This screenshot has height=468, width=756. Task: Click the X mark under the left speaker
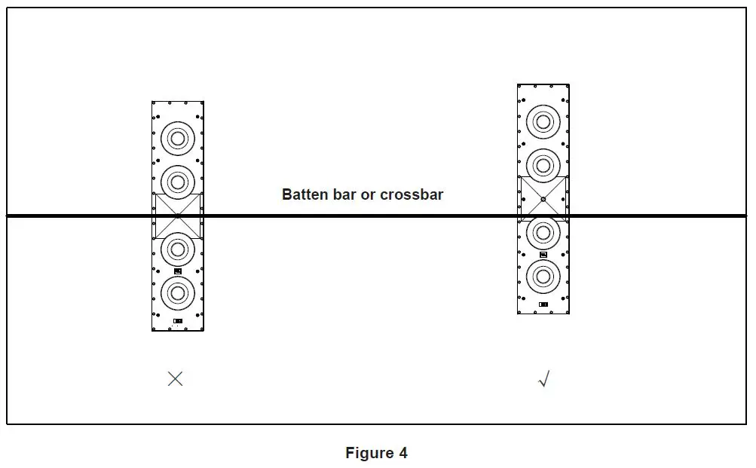pos(175,378)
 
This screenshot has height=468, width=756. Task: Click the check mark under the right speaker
pos(543,379)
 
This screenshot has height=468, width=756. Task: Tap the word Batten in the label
pos(305,194)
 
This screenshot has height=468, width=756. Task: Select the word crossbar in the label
pos(412,194)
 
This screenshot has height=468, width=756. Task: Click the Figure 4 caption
pos(376,453)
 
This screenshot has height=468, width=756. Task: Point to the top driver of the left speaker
pos(178,138)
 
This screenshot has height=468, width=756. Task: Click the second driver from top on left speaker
pos(178,181)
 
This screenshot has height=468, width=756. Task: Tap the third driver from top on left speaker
pos(178,247)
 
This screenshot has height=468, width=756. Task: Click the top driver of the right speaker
pos(543,121)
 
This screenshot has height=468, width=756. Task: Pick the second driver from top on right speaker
pos(543,164)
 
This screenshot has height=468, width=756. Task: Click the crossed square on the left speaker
pos(178,216)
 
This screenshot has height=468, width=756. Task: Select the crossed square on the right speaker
pos(543,199)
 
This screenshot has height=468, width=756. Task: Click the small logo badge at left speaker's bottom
pos(178,321)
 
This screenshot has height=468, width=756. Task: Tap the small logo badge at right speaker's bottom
pos(543,304)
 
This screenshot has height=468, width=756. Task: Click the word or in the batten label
pos(369,194)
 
